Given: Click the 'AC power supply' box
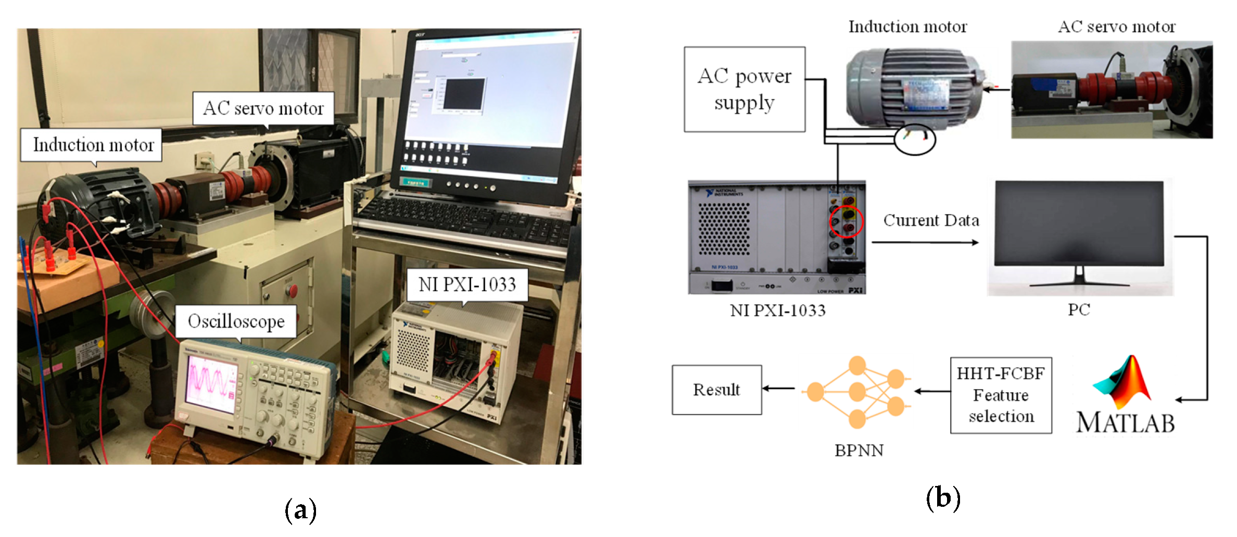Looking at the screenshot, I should tap(744, 89).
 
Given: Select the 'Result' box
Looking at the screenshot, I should tap(716, 390).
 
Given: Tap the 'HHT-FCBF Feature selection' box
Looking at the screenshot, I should tap(1001, 395).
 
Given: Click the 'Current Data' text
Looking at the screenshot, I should tap(931, 220).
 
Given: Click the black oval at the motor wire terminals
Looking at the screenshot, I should tap(915, 139).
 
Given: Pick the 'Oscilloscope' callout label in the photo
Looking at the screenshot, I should tap(236, 321).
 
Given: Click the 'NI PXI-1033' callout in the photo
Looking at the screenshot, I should tap(467, 284).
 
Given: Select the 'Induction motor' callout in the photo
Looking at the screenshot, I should tap(93, 145).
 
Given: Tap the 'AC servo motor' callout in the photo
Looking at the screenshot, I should tap(263, 108).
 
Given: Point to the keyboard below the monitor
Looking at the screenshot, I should tap(463, 219).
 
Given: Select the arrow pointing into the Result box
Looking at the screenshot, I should tap(779, 388).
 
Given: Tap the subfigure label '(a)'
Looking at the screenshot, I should tap(300, 510).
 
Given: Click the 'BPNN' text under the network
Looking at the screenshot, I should tap(859, 450).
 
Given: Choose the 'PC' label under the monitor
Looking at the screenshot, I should tap(1079, 309).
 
